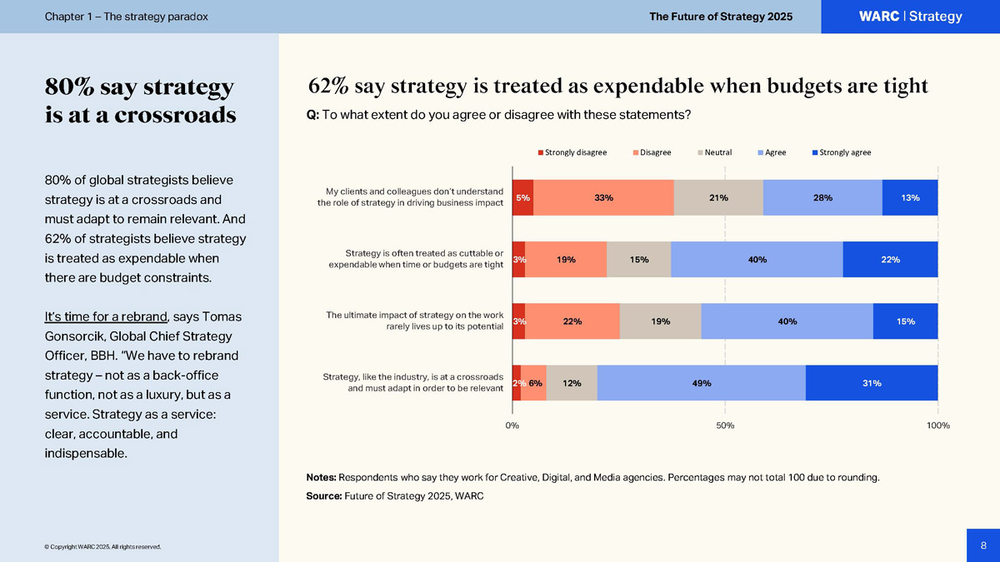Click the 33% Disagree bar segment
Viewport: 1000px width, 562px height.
[603, 197]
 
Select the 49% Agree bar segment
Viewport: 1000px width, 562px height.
[701, 383]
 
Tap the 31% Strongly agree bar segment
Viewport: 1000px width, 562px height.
[872, 383]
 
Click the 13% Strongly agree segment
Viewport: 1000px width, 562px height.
[910, 197]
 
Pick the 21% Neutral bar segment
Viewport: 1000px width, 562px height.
[718, 197]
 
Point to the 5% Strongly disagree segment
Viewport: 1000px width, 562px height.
[522, 197]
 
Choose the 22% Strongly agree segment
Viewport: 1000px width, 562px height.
[890, 259]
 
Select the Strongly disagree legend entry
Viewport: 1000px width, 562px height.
[572, 152]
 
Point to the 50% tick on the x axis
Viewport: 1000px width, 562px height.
[725, 425]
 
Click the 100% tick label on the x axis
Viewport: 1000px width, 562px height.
[937, 425]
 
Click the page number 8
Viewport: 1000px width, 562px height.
[983, 545]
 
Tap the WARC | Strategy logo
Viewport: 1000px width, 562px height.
[910, 17]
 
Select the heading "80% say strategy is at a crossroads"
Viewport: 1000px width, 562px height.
[140, 101]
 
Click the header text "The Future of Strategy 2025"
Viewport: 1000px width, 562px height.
[721, 17]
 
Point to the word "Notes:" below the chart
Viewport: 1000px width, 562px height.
[322, 478]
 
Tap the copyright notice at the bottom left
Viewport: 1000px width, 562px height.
[102, 547]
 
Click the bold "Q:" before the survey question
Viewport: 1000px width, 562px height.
[313, 115]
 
